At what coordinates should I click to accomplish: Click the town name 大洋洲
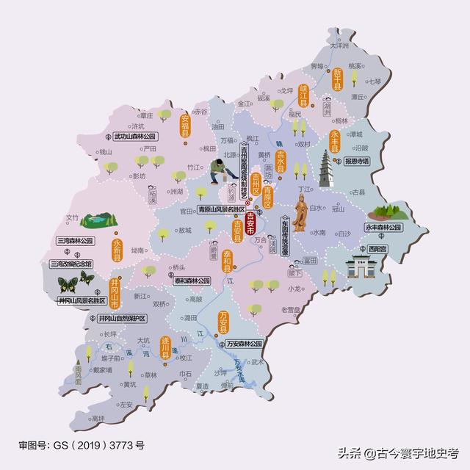click(x=340, y=45)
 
